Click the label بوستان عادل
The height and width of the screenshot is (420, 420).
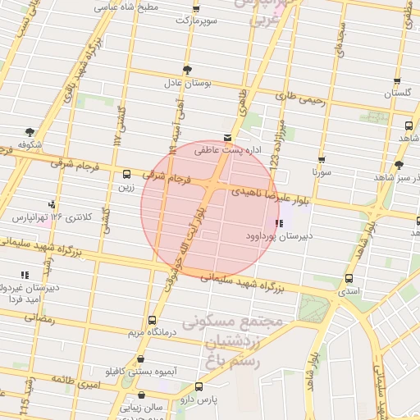tap(188, 84)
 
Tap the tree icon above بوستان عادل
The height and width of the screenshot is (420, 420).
tap(188, 69)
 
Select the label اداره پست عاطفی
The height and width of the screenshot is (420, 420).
tap(218, 151)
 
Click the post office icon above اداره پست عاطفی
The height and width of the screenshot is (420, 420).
tap(227, 138)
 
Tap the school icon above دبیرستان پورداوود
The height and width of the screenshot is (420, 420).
tap(280, 222)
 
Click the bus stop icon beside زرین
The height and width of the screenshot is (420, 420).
tap(126, 174)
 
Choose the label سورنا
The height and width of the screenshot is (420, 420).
tap(321, 174)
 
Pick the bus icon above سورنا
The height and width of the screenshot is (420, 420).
tap(322, 160)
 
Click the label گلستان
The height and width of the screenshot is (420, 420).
tap(398, 94)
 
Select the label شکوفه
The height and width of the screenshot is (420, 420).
tap(30, 145)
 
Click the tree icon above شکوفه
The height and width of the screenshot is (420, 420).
tap(30, 131)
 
